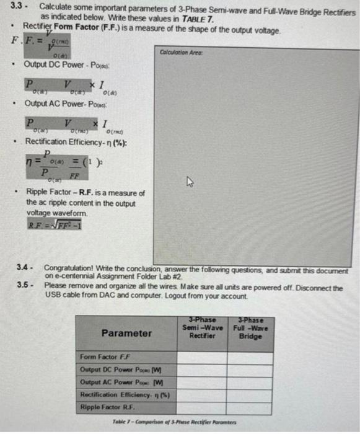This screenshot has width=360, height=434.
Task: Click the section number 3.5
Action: pos(24,286)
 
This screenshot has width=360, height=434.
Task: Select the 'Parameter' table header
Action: pos(126,333)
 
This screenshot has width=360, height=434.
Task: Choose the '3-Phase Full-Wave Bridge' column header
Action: pos(250,328)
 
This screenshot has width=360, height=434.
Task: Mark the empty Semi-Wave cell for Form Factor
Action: pos(203,357)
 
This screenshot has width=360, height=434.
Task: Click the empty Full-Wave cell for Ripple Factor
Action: pos(250,407)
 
